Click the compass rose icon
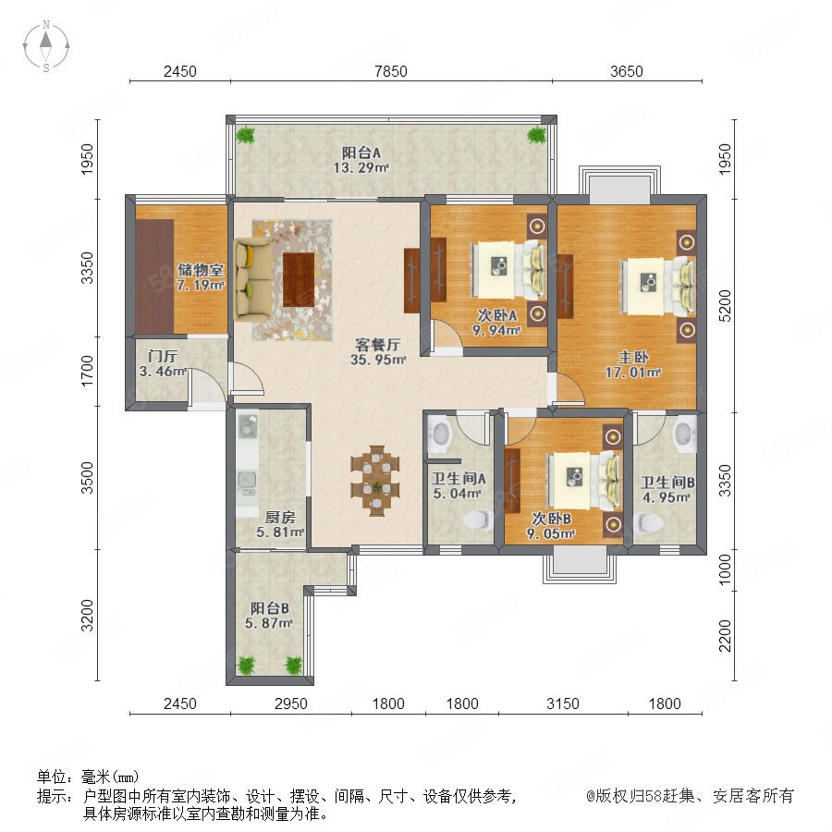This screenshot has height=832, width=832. pyautogui.click(x=46, y=46)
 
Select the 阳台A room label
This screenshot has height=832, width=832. pyautogui.click(x=361, y=153)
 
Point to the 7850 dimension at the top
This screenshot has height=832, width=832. pyautogui.click(x=390, y=71)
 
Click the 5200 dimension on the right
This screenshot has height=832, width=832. pyautogui.click(x=724, y=306)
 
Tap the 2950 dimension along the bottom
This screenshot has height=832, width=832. pyautogui.click(x=291, y=704)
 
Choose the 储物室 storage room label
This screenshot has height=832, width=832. pyautogui.click(x=201, y=270)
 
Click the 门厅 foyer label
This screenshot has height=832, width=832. pyautogui.click(x=163, y=356)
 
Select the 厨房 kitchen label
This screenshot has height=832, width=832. pyautogui.click(x=279, y=517)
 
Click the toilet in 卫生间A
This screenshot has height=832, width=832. pyautogui.click(x=476, y=520)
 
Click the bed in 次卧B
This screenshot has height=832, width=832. pyautogui.click(x=585, y=481)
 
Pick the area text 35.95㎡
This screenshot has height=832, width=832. pyautogui.click(x=378, y=360)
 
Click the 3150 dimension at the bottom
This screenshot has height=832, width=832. pyautogui.click(x=563, y=704)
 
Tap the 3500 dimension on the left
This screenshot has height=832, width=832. pyautogui.click(x=87, y=478)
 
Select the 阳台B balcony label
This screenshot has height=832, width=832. pyautogui.click(x=270, y=608)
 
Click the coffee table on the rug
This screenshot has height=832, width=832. pyautogui.click(x=299, y=279)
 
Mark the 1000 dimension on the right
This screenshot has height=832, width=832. pyautogui.click(x=724, y=569)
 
